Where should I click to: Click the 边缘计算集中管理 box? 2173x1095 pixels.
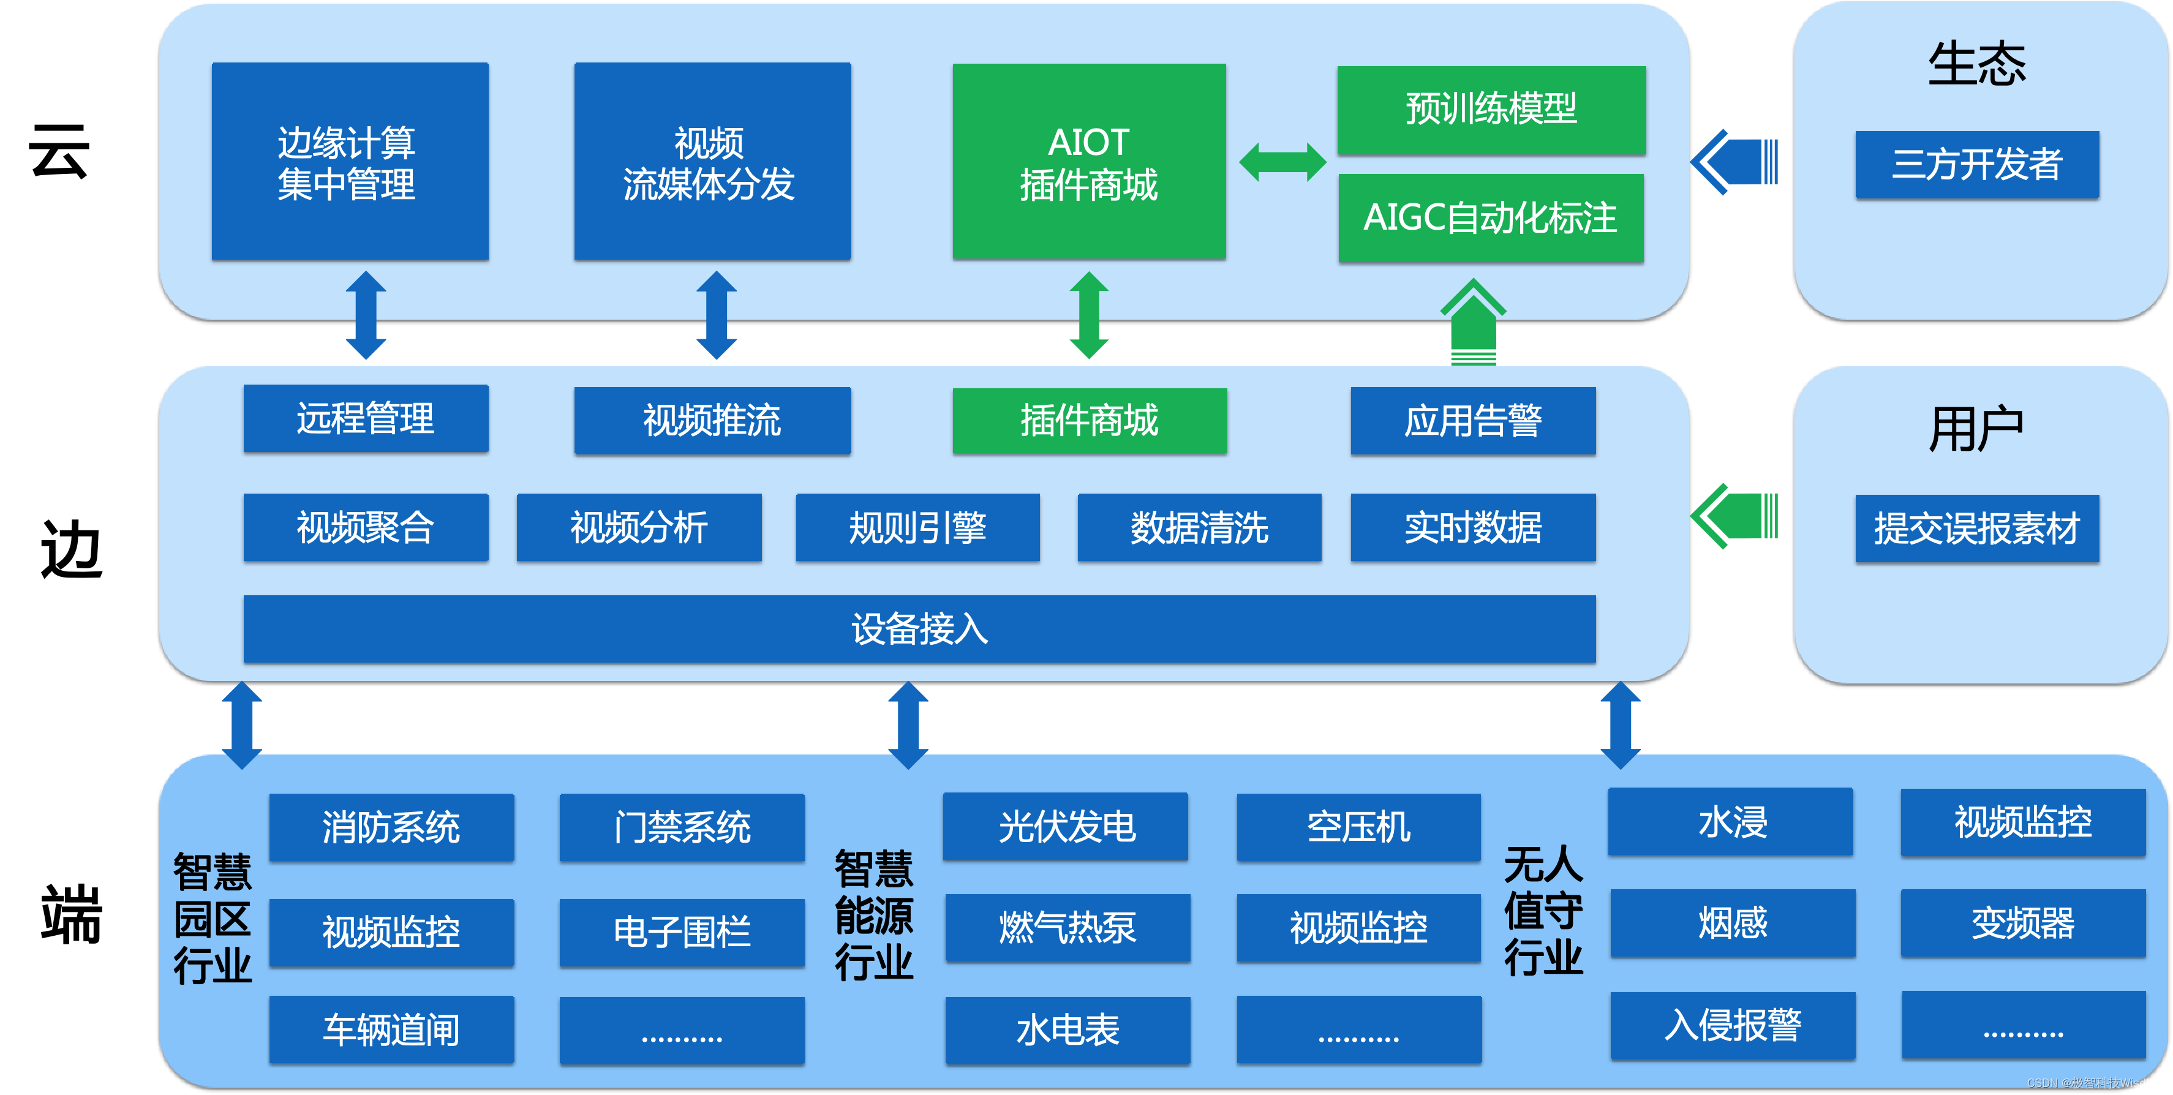click(349, 161)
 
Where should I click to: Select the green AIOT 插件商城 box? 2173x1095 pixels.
click(1088, 161)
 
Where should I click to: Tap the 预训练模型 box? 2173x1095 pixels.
click(1491, 110)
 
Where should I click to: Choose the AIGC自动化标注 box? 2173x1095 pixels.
click(1491, 217)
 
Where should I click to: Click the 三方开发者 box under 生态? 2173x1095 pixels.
click(1976, 165)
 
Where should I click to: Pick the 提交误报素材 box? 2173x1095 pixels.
click(1976, 528)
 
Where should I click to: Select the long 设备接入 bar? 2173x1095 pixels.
click(919, 628)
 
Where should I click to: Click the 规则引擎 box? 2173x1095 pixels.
click(917, 527)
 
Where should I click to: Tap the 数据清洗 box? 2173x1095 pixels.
click(1199, 527)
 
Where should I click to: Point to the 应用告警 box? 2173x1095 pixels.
click(1472, 420)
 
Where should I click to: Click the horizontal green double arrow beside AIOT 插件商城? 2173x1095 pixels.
click(1282, 162)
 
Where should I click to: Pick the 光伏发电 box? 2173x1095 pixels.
click(1066, 826)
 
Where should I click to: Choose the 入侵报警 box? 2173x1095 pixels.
click(1732, 1025)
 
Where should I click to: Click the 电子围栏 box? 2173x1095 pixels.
click(682, 931)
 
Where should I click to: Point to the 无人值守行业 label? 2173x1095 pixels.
click(1543, 911)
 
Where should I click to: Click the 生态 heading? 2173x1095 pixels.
click(1976, 64)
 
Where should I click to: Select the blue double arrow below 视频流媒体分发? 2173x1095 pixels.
click(716, 315)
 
